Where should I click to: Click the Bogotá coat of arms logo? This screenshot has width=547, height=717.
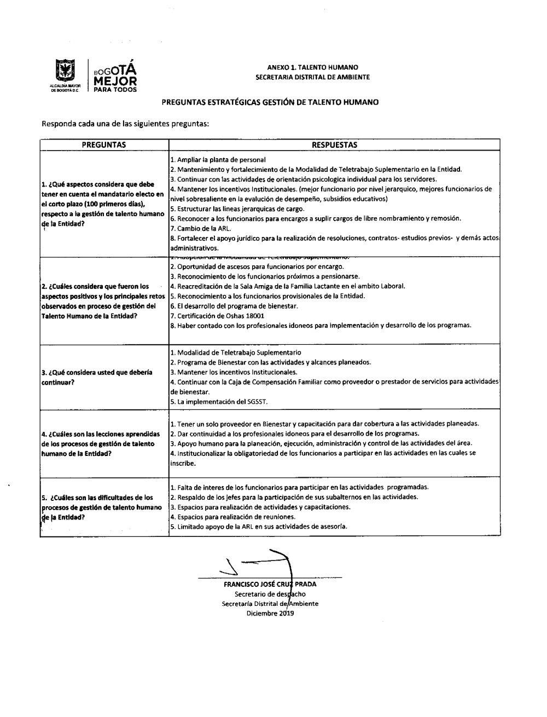pyautogui.click(x=66, y=74)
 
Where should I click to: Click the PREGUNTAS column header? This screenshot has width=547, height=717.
pyautogui.click(x=104, y=145)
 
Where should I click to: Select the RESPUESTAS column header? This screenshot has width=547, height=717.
pyautogui.click(x=334, y=145)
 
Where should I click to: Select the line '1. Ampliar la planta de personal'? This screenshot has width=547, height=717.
pyautogui.click(x=218, y=160)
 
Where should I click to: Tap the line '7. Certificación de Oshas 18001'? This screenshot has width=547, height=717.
pyautogui.click(x=217, y=316)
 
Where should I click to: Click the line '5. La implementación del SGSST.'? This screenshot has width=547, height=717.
pyautogui.click(x=219, y=402)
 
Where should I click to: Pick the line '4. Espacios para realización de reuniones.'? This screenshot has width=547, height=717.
pyautogui.click(x=232, y=517)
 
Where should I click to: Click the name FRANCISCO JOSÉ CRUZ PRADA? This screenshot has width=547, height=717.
pyautogui.click(x=270, y=584)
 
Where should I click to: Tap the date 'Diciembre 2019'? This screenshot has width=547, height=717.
pyautogui.click(x=270, y=614)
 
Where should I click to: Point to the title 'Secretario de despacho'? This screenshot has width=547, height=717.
pyautogui.click(x=270, y=594)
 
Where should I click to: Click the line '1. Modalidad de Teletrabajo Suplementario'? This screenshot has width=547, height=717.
pyautogui.click(x=236, y=352)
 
